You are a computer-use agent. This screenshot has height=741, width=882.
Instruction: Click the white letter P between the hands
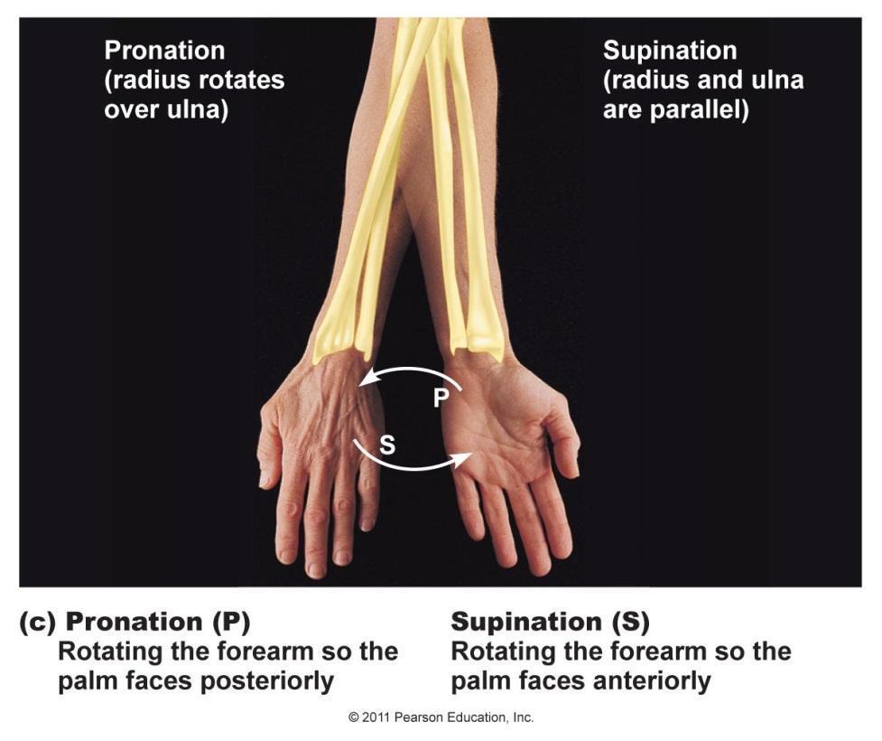click(440, 398)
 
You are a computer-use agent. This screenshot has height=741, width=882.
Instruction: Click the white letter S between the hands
click(386, 445)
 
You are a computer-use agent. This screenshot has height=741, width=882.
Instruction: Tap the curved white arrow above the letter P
click(411, 373)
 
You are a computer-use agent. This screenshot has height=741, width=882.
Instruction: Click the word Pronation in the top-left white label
click(164, 51)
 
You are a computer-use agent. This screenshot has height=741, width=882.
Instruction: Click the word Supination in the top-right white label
click(670, 51)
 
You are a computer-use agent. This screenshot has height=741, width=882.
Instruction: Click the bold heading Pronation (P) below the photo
click(158, 622)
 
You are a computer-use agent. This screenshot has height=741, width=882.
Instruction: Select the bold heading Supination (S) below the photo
click(550, 622)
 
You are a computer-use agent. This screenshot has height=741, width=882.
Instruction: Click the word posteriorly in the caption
click(264, 680)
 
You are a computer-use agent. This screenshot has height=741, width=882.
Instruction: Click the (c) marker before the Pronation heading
click(39, 622)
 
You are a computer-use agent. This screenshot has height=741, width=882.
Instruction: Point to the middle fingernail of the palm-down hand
click(314, 568)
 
